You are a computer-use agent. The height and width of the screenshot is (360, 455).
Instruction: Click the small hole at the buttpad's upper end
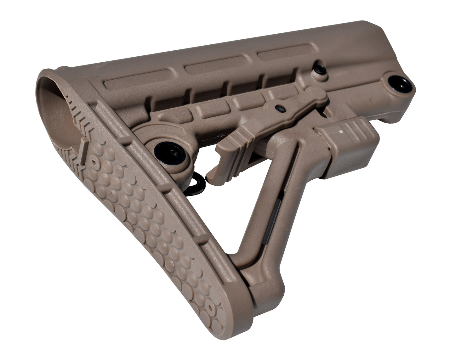pos(94,161)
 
